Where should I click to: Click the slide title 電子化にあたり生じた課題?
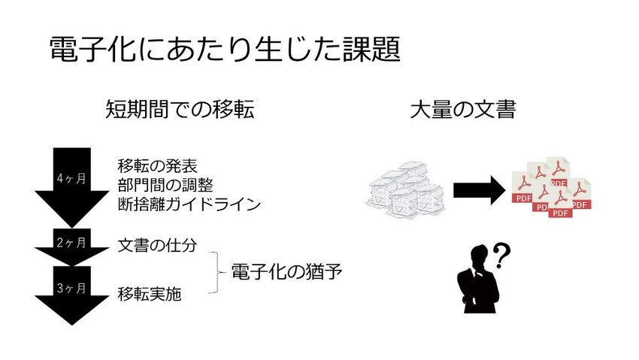click(x=223, y=50)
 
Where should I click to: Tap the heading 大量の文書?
click(x=462, y=110)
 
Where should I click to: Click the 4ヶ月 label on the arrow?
click(x=71, y=178)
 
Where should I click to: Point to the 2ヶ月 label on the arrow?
click(x=71, y=242)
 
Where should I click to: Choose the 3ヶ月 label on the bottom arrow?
click(x=71, y=288)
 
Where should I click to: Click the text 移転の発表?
click(x=157, y=165)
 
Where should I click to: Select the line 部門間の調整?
click(x=165, y=184)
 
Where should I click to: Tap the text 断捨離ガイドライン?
click(x=189, y=203)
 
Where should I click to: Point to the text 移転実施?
click(x=150, y=294)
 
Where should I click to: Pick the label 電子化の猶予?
click(x=286, y=271)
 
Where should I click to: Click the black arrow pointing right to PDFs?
click(x=478, y=190)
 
